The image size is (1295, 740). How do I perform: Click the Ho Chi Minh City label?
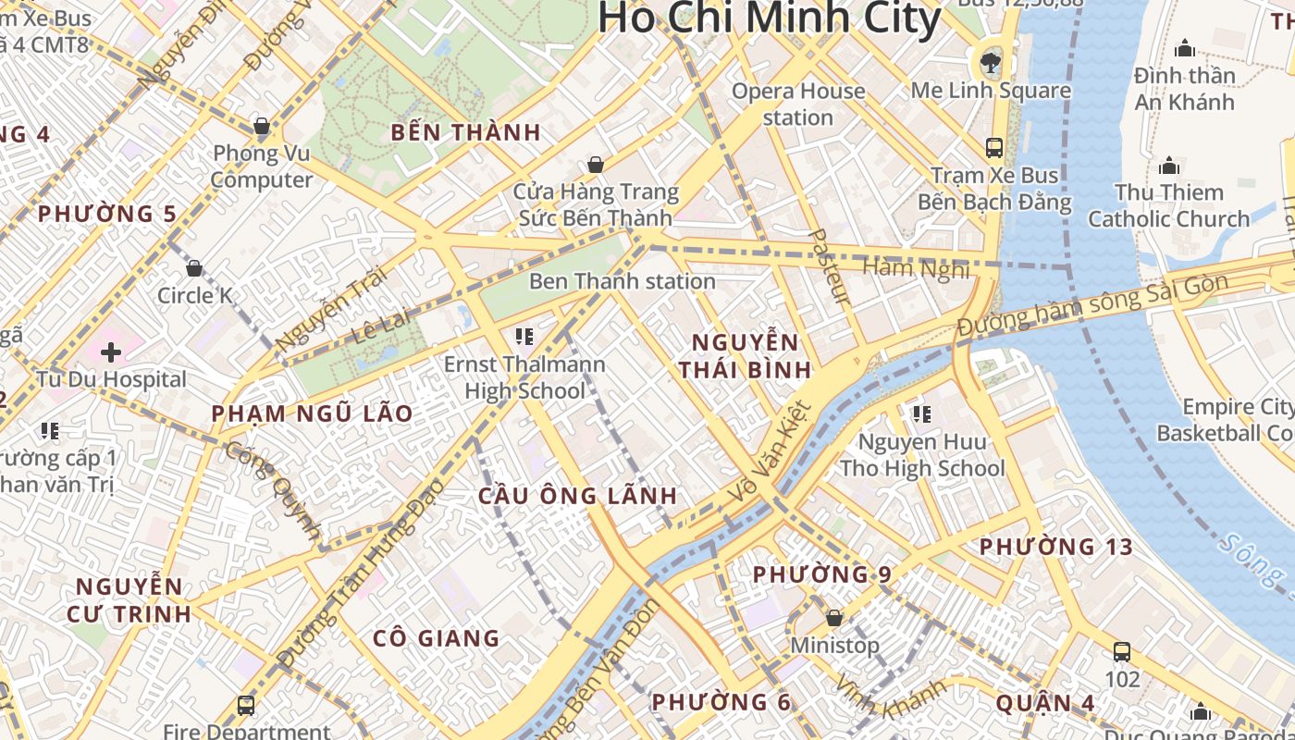(769, 18)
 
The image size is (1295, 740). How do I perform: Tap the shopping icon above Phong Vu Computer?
(261, 126)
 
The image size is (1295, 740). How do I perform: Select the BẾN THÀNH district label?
(465, 132)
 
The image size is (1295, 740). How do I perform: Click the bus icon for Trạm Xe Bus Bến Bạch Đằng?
(994, 147)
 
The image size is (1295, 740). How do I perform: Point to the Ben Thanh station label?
(622, 281)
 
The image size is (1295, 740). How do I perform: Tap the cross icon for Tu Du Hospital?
(111, 351)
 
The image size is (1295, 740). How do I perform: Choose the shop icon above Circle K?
(194, 268)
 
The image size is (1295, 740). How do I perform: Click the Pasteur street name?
(829, 266)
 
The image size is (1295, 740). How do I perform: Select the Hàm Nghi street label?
(916, 268)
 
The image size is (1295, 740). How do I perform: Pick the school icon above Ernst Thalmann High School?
(524, 336)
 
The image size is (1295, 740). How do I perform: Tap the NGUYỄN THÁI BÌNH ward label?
(745, 357)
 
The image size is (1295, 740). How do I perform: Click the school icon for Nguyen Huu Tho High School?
(920, 413)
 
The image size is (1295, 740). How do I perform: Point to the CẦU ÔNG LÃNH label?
(578, 496)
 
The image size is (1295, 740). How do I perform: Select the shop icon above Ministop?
(833, 617)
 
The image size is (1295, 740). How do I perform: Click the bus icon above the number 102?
(1122, 651)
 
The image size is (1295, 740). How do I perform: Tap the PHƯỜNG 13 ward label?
(1056, 547)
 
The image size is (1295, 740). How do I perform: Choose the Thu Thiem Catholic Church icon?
(1169, 166)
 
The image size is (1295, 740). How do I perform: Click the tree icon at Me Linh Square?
(991, 63)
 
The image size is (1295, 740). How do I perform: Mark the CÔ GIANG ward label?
(436, 638)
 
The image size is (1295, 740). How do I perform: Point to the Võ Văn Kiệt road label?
(769, 452)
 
